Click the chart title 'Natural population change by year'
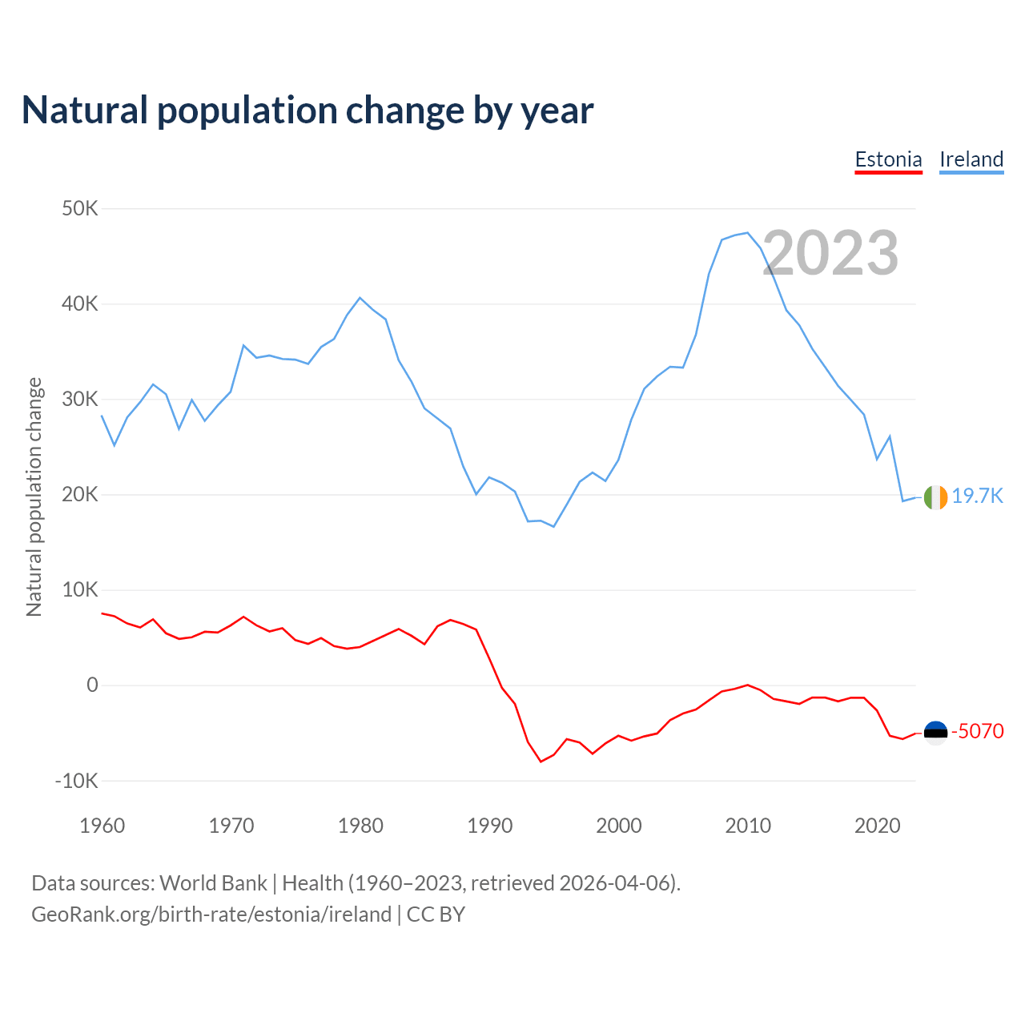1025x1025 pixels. pyautogui.click(x=307, y=111)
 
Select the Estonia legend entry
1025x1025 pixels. pyautogui.click(x=888, y=159)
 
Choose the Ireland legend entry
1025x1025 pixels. pyautogui.click(x=971, y=159)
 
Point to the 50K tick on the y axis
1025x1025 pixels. pyautogui.click(x=80, y=209)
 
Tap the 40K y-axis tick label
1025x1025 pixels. pyautogui.click(x=80, y=304)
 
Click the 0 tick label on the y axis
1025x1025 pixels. pyautogui.click(x=92, y=685)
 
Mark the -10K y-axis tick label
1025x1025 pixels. pyautogui.click(x=76, y=781)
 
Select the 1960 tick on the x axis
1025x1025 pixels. pyautogui.click(x=102, y=826)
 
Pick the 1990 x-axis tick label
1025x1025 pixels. pyautogui.click(x=489, y=826)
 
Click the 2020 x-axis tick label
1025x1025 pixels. pyautogui.click(x=877, y=826)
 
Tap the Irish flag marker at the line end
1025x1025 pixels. pyautogui.click(x=935, y=497)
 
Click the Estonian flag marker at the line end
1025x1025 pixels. pyautogui.click(x=935, y=732)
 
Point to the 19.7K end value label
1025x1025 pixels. pyautogui.click(x=977, y=496)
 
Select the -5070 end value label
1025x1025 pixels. pyautogui.click(x=977, y=731)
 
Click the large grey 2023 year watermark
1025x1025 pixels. pyautogui.click(x=830, y=253)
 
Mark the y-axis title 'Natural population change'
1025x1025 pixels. pyautogui.click(x=34, y=496)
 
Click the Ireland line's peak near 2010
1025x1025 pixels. pyautogui.click(x=747, y=233)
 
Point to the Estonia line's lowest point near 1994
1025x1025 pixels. pyautogui.click(x=541, y=761)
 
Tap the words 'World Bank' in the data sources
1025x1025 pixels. pyautogui.click(x=213, y=883)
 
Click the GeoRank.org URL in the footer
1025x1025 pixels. pyautogui.click(x=211, y=914)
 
